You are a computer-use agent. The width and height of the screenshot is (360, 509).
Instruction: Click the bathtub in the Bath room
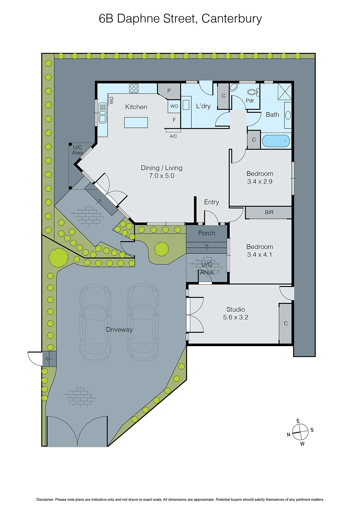[276, 141]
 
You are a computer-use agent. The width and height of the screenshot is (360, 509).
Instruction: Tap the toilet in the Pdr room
[252, 92]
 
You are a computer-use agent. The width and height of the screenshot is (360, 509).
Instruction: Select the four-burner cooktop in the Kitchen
[134, 88]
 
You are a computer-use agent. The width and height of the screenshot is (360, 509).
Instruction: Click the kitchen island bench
[136, 122]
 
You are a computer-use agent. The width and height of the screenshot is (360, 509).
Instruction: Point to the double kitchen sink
[102, 113]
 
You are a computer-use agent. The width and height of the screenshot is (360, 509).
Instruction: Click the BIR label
[269, 212]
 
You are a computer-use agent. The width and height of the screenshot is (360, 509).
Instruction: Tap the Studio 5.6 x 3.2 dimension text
[236, 317]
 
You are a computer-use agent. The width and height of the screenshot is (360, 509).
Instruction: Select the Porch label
[207, 233]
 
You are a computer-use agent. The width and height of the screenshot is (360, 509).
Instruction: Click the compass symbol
[300, 432]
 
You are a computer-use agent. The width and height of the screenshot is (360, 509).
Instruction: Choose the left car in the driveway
[95, 323]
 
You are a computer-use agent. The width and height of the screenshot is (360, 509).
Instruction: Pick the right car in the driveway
[143, 322]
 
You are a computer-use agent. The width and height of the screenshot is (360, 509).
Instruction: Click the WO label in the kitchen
[174, 106]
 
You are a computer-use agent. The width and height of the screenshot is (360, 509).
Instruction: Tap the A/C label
[173, 136]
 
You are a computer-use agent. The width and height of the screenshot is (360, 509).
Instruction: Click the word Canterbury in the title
[231, 18]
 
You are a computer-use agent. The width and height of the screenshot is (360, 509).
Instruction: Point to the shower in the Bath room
[285, 92]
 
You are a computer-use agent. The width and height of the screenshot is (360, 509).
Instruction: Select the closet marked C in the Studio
[286, 323]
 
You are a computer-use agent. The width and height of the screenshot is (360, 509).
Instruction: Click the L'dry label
[203, 106]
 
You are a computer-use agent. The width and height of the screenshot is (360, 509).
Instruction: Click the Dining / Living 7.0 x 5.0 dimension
[162, 176]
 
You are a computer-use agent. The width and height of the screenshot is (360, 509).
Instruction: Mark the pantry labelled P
[169, 91]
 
